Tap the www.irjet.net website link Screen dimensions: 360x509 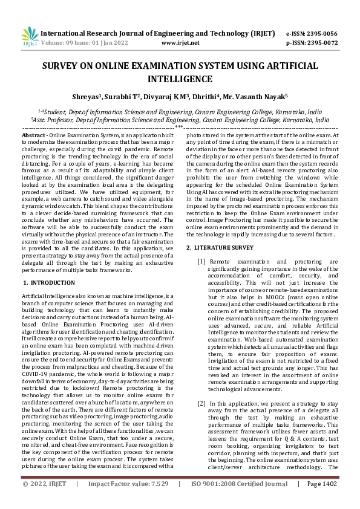pyautogui.click(x=181, y=43)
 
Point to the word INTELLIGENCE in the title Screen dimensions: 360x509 pyautogui.click(x=180, y=79)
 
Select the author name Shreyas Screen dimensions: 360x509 pyautogui.click(x=86, y=96)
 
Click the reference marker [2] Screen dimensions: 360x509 pyautogui.click(x=201, y=403)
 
